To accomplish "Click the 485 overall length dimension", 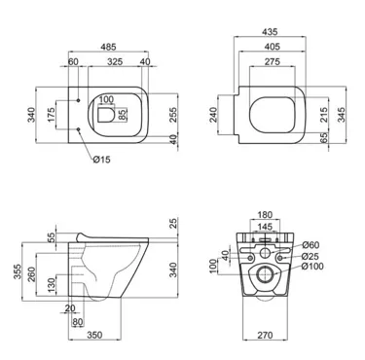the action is point(108,47).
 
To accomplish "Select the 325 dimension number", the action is point(115,61).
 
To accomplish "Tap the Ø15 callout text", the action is point(101,160).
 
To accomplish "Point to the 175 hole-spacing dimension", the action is point(52,115).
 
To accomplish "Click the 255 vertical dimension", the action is point(173,115).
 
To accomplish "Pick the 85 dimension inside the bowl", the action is point(122,115).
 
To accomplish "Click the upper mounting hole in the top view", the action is point(79,100).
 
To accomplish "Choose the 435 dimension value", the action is point(270,32).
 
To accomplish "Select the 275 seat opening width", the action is point(272,61).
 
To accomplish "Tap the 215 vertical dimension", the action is point(324,115).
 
